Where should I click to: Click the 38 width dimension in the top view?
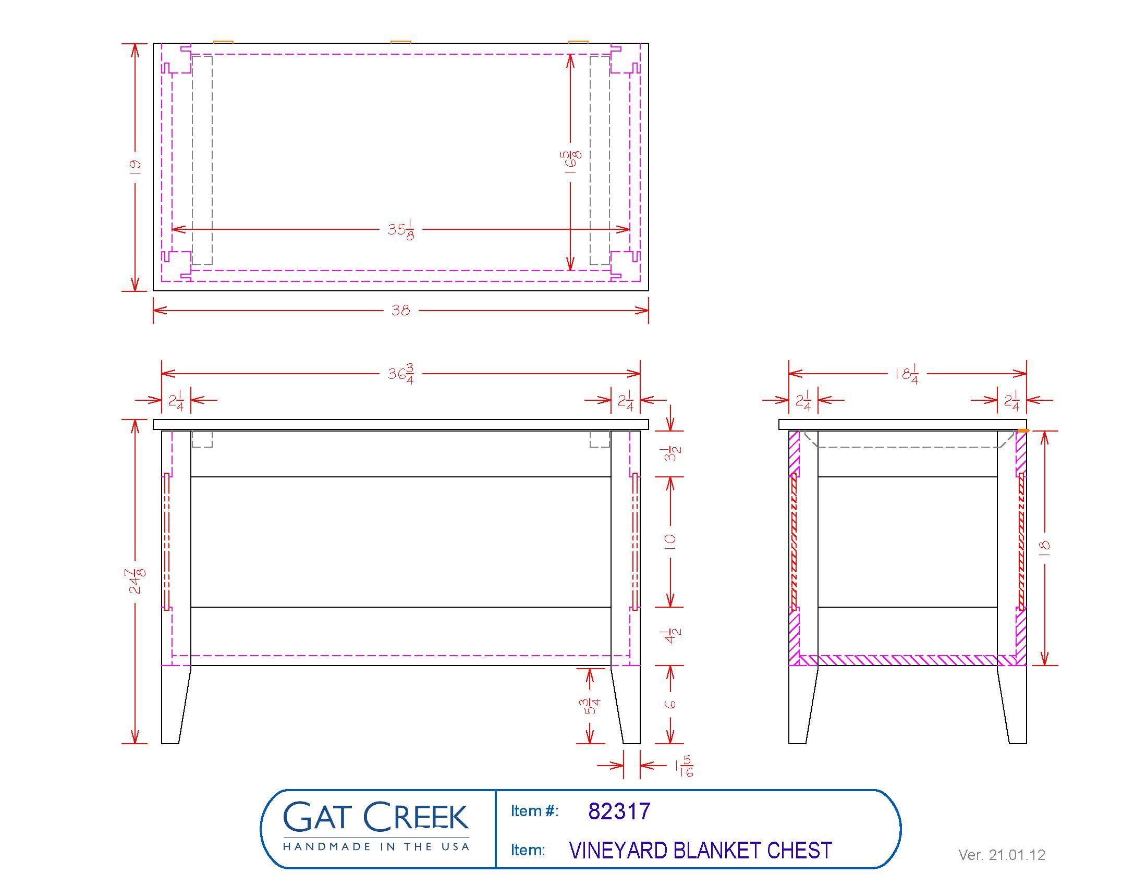(x=401, y=310)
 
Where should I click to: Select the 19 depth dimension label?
(x=135, y=167)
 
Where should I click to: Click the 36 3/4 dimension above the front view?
(x=401, y=374)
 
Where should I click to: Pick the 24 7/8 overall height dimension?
(x=137, y=581)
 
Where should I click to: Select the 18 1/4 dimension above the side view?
(x=907, y=374)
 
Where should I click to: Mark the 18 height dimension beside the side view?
(x=1045, y=546)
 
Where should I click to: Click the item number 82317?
(x=619, y=811)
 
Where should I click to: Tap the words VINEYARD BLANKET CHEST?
(x=701, y=851)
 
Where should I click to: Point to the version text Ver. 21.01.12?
(x=1002, y=855)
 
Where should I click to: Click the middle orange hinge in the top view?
(x=401, y=42)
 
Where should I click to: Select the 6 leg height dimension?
(x=670, y=704)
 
